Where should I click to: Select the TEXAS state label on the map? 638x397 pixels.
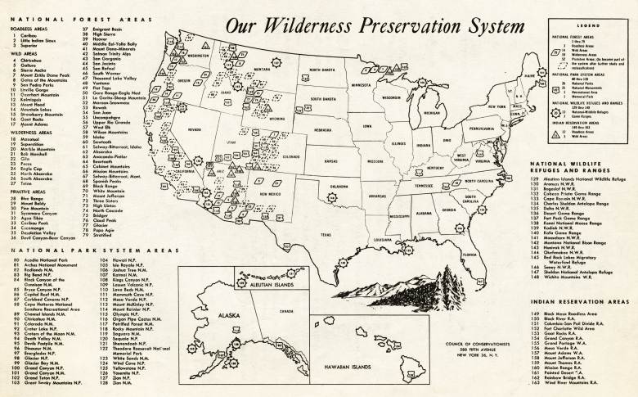[326, 234]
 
